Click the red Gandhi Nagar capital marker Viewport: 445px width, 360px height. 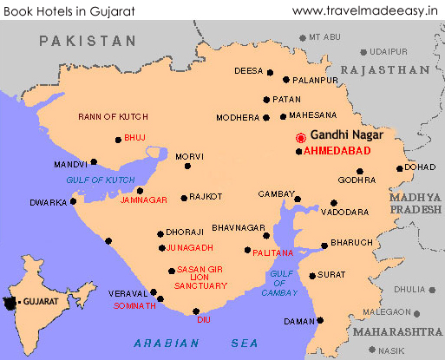pos(301,138)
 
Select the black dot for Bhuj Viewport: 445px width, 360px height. pos(118,139)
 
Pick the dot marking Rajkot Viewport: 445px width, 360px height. pos(183,198)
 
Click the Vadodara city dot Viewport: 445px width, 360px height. pos(334,203)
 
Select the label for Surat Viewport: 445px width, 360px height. pos(332,274)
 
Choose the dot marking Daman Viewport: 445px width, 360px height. pos(320,320)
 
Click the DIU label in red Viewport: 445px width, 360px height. pos(204,318)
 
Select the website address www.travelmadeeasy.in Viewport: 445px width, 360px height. pos(366,10)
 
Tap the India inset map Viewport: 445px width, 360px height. pos(19,302)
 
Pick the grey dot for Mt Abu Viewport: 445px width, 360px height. pos(301,37)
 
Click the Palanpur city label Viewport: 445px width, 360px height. pos(313,80)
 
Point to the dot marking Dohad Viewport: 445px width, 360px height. pos(399,169)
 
